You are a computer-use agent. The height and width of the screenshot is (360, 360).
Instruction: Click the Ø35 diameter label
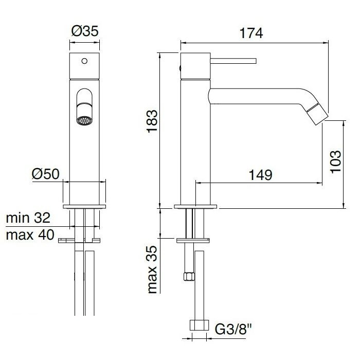coord(85,31)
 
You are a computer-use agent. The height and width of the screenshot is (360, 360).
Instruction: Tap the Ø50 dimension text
coord(45,174)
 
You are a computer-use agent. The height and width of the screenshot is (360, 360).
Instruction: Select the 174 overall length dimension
coord(251,33)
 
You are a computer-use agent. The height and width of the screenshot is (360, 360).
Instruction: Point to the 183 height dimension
coord(152,121)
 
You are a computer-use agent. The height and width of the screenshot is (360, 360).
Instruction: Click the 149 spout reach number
coord(260,175)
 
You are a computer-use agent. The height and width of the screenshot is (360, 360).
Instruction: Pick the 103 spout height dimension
coord(335,161)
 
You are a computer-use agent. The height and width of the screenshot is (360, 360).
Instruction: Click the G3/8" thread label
coord(233,329)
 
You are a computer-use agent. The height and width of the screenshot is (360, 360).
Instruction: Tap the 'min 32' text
coord(28,218)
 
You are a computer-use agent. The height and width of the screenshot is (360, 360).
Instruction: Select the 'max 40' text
coord(30,235)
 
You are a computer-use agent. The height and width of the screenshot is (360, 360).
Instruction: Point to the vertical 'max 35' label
coord(152,270)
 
